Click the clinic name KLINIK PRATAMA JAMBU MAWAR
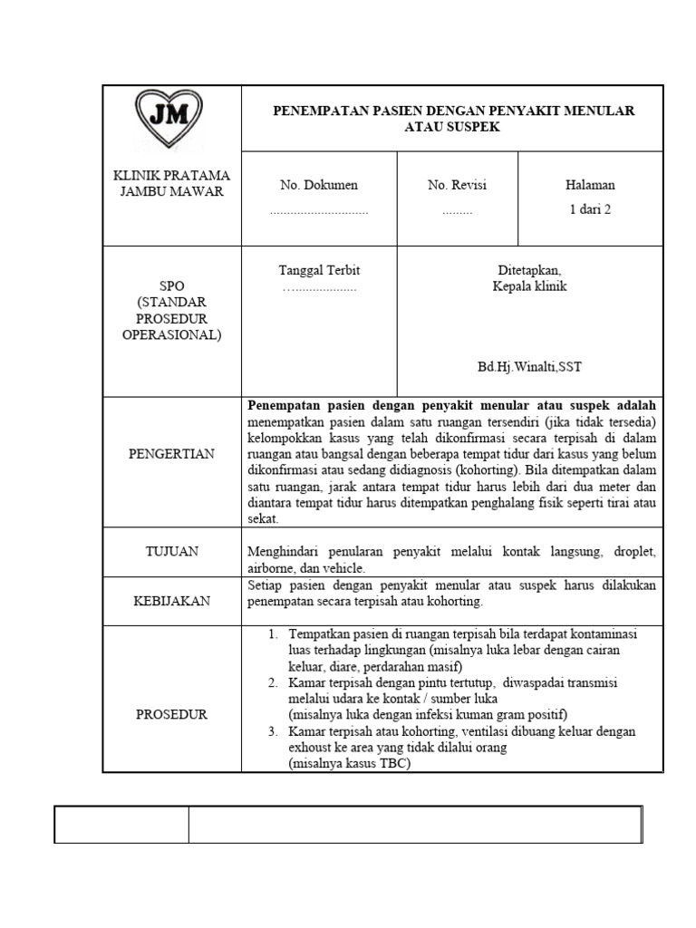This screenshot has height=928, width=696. click(x=171, y=184)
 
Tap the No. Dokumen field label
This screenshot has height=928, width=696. click(x=319, y=185)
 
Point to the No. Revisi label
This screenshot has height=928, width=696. click(x=457, y=185)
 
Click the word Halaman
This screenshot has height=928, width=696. click(x=589, y=185)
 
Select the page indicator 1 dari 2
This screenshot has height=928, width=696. click(x=589, y=210)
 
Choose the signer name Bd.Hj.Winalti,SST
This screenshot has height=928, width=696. click(x=530, y=369)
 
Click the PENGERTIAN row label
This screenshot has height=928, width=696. click(x=171, y=453)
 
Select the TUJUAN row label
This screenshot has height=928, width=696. click(x=171, y=551)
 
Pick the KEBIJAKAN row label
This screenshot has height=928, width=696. click(x=171, y=601)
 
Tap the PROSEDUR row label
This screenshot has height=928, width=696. click(x=171, y=714)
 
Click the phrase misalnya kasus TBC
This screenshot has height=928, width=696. click(x=350, y=763)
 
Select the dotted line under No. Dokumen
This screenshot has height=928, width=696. click(x=319, y=211)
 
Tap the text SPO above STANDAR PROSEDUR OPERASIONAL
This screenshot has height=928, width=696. click(x=171, y=285)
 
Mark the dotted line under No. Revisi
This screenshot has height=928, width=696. click(x=457, y=211)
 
